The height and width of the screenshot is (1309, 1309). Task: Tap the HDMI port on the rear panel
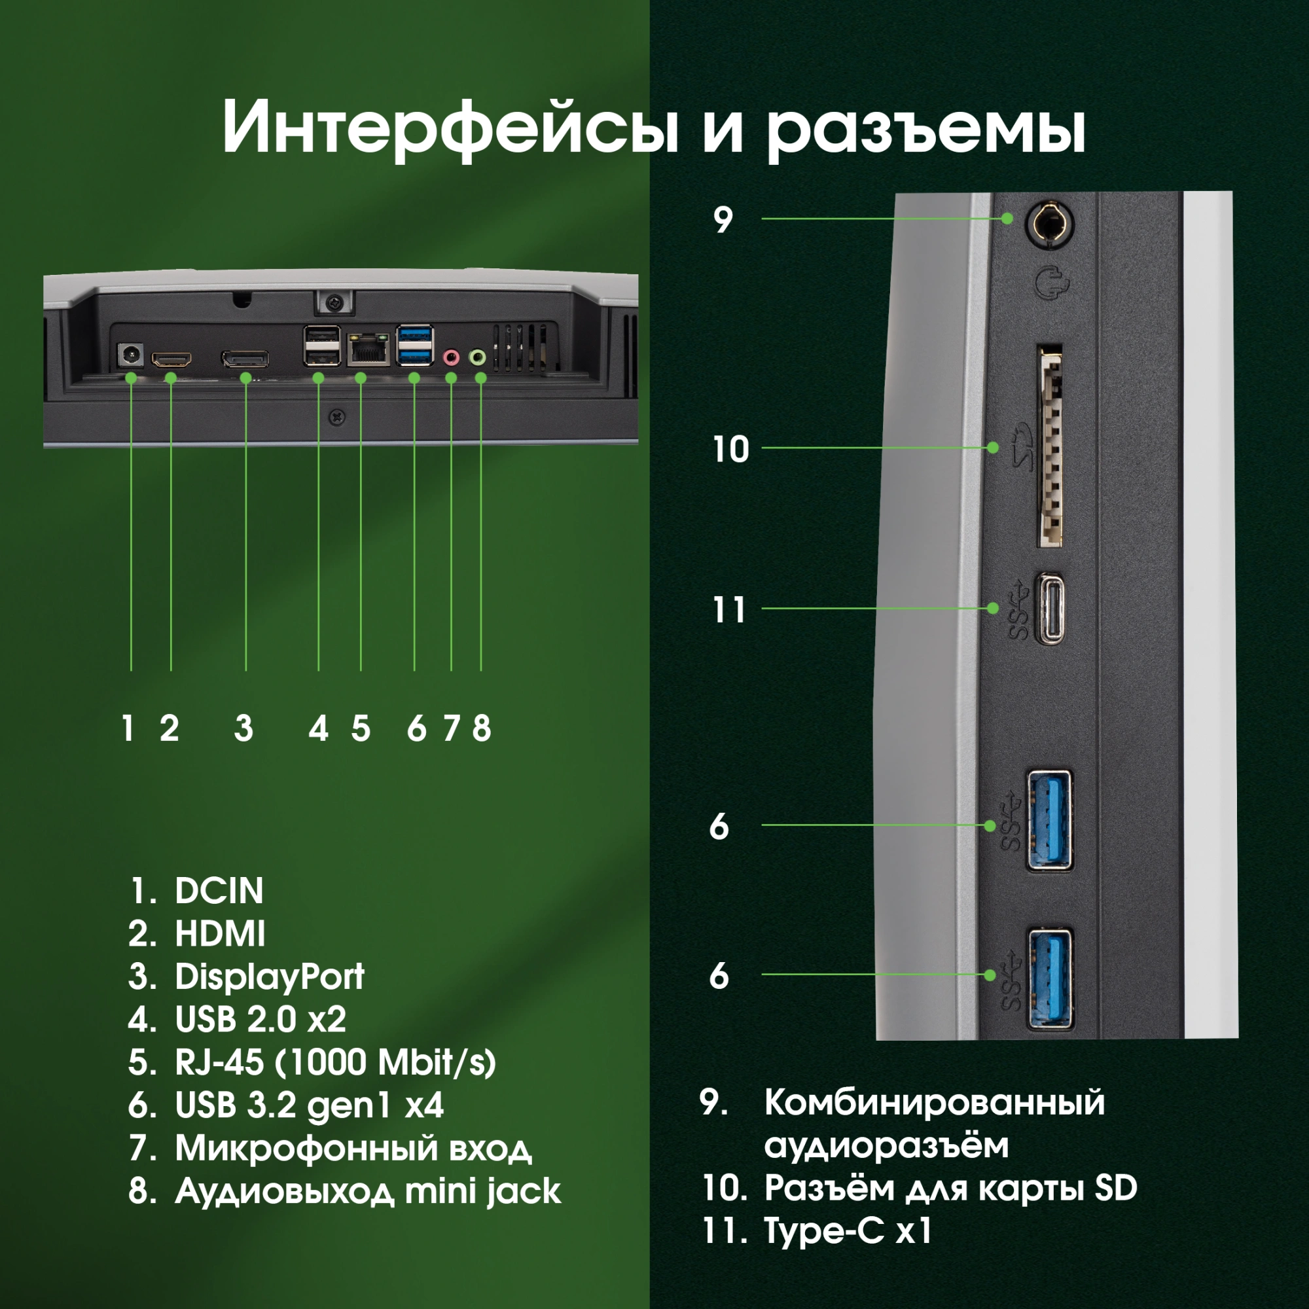point(171,359)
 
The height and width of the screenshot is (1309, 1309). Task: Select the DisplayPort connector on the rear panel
point(245,359)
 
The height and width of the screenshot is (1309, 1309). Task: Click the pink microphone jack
point(450,357)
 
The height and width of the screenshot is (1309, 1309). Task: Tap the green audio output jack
point(479,357)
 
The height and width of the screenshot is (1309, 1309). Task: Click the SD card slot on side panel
point(1050,448)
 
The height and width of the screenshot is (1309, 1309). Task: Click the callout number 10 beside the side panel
point(730,449)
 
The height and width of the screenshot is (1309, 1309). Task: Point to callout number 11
point(729,610)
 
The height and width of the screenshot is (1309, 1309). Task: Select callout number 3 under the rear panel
point(244,729)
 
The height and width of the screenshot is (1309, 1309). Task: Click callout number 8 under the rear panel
point(481,729)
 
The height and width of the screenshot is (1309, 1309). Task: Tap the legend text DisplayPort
point(269,977)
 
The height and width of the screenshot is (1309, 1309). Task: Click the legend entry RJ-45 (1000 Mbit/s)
point(334,1062)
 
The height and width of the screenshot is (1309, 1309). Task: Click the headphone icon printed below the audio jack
point(1051,283)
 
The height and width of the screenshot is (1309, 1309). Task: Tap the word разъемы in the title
point(926,129)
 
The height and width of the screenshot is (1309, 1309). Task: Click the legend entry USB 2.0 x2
point(260,1020)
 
